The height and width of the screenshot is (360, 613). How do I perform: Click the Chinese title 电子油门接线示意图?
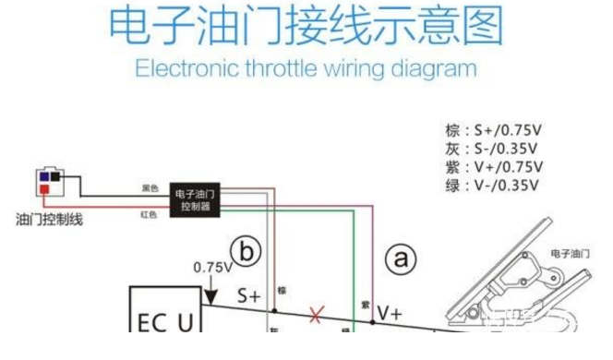(x=306, y=27)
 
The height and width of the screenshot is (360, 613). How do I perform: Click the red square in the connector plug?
(x=42, y=188)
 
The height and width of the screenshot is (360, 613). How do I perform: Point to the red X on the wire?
(x=317, y=316)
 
